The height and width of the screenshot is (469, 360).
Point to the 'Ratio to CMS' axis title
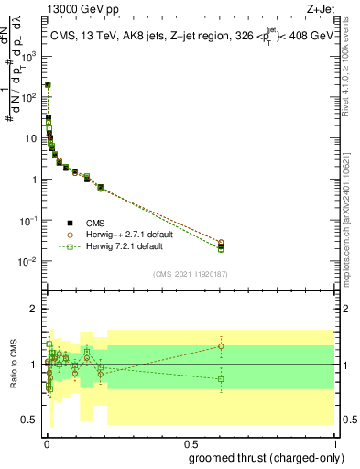click(13, 365)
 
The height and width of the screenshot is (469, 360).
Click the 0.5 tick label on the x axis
click(191, 443)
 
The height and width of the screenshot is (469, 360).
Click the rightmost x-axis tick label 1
click(335, 443)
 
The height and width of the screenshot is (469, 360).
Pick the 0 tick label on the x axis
click(47, 443)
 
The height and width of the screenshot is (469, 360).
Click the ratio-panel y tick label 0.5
click(29, 420)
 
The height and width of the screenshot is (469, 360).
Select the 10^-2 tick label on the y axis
click(28, 262)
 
